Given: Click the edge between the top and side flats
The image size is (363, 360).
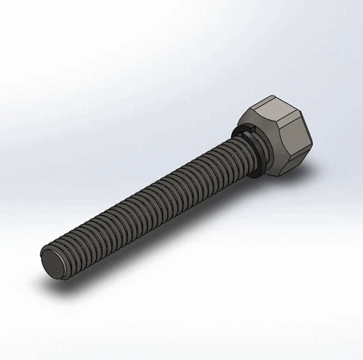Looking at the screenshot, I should click(x=286, y=122).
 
